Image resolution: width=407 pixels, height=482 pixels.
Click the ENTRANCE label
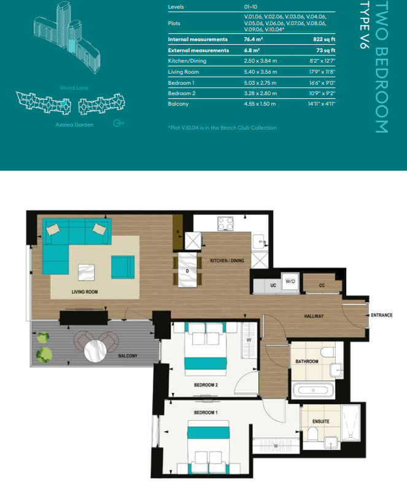[x=382, y=315]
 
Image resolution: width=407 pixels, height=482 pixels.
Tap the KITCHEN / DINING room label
[x=227, y=261]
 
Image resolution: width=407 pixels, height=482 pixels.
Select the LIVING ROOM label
[x=85, y=292]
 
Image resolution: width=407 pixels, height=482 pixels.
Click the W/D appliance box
[x=290, y=282]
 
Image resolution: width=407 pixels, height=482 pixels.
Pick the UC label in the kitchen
[x=273, y=286]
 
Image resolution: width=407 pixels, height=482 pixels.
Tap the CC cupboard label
[x=322, y=286]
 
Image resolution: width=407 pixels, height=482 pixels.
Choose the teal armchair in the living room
[x=122, y=266]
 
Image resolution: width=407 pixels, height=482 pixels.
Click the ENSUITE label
[x=320, y=421]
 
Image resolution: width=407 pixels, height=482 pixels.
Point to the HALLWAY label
[x=314, y=316]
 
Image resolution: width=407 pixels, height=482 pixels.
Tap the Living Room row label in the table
[x=184, y=72]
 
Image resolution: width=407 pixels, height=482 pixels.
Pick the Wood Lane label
[x=74, y=88]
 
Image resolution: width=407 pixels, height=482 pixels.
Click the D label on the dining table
[x=187, y=270]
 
